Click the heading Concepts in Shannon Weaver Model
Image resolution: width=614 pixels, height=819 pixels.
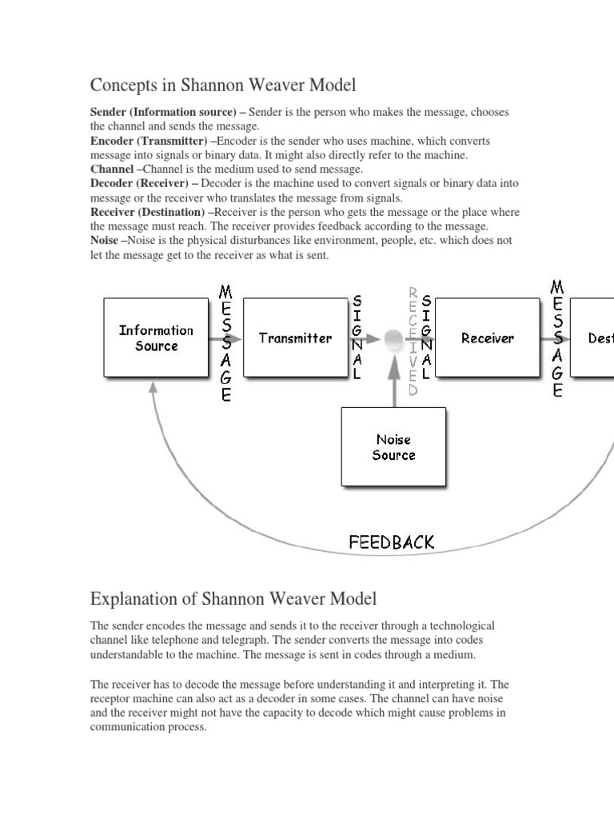[x=223, y=85]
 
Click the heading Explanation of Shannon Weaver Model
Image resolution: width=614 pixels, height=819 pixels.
[x=233, y=598]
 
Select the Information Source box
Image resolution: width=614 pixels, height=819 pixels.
[x=156, y=338]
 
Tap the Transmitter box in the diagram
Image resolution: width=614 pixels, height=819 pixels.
[x=295, y=338]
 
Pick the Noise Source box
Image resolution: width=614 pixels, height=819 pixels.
[x=393, y=447]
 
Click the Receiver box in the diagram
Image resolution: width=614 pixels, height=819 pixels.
[x=488, y=338]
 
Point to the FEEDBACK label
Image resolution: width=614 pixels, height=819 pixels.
[x=392, y=541]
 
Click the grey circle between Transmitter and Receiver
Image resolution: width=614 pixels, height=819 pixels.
[x=393, y=339]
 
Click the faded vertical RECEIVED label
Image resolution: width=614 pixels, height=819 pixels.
[x=413, y=342]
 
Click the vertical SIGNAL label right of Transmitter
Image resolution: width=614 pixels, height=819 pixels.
[x=357, y=338]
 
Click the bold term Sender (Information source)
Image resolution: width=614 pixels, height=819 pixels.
[x=168, y=112]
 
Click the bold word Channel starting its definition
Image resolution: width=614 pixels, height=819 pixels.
[x=112, y=170]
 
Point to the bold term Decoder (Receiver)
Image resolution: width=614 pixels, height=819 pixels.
[x=144, y=184]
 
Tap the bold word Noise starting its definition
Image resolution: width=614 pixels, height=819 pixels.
[x=107, y=240]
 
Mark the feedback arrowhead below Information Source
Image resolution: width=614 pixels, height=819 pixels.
[x=152, y=389]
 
